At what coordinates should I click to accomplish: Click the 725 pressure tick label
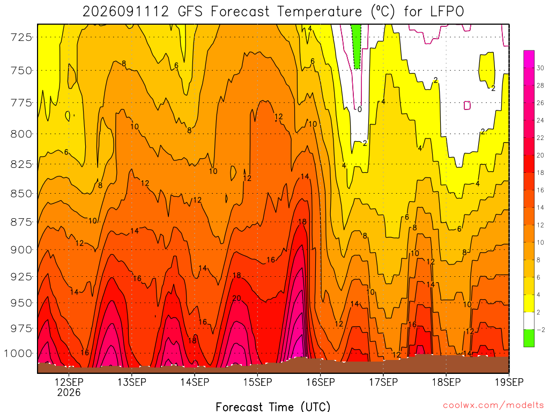[21, 37]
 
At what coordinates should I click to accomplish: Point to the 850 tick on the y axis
[21, 193]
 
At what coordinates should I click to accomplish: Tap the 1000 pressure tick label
[18, 353]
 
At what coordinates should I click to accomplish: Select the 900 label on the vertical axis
[21, 250]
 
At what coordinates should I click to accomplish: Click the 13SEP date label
[132, 382]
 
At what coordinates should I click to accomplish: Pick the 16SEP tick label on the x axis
[321, 382]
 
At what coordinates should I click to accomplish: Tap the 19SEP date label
[509, 382]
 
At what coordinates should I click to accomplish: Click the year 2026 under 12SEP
[69, 392]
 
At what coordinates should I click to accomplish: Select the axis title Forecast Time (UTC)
[273, 407]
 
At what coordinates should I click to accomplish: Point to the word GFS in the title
[190, 12]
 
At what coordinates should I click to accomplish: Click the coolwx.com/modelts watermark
[493, 406]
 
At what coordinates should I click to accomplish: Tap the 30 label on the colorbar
[540, 68]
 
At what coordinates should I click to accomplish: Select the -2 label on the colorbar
[540, 330]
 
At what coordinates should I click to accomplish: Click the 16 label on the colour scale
[540, 190]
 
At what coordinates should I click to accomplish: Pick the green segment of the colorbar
[529, 338]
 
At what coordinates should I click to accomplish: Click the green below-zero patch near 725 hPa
[357, 46]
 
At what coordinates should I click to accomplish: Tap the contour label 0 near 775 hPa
[360, 109]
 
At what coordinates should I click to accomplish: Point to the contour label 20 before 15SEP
[236, 298]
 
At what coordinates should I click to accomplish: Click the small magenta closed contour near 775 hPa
[467, 105]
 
